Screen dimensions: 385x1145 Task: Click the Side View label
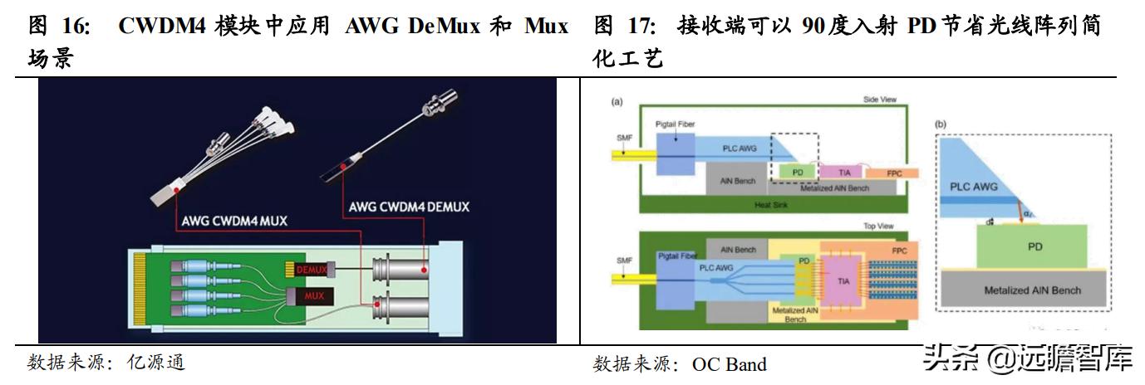coord(880,100)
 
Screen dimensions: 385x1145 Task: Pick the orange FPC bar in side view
coord(892,173)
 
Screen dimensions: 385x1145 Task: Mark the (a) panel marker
coord(617,101)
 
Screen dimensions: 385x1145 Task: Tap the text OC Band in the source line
coord(730,364)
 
